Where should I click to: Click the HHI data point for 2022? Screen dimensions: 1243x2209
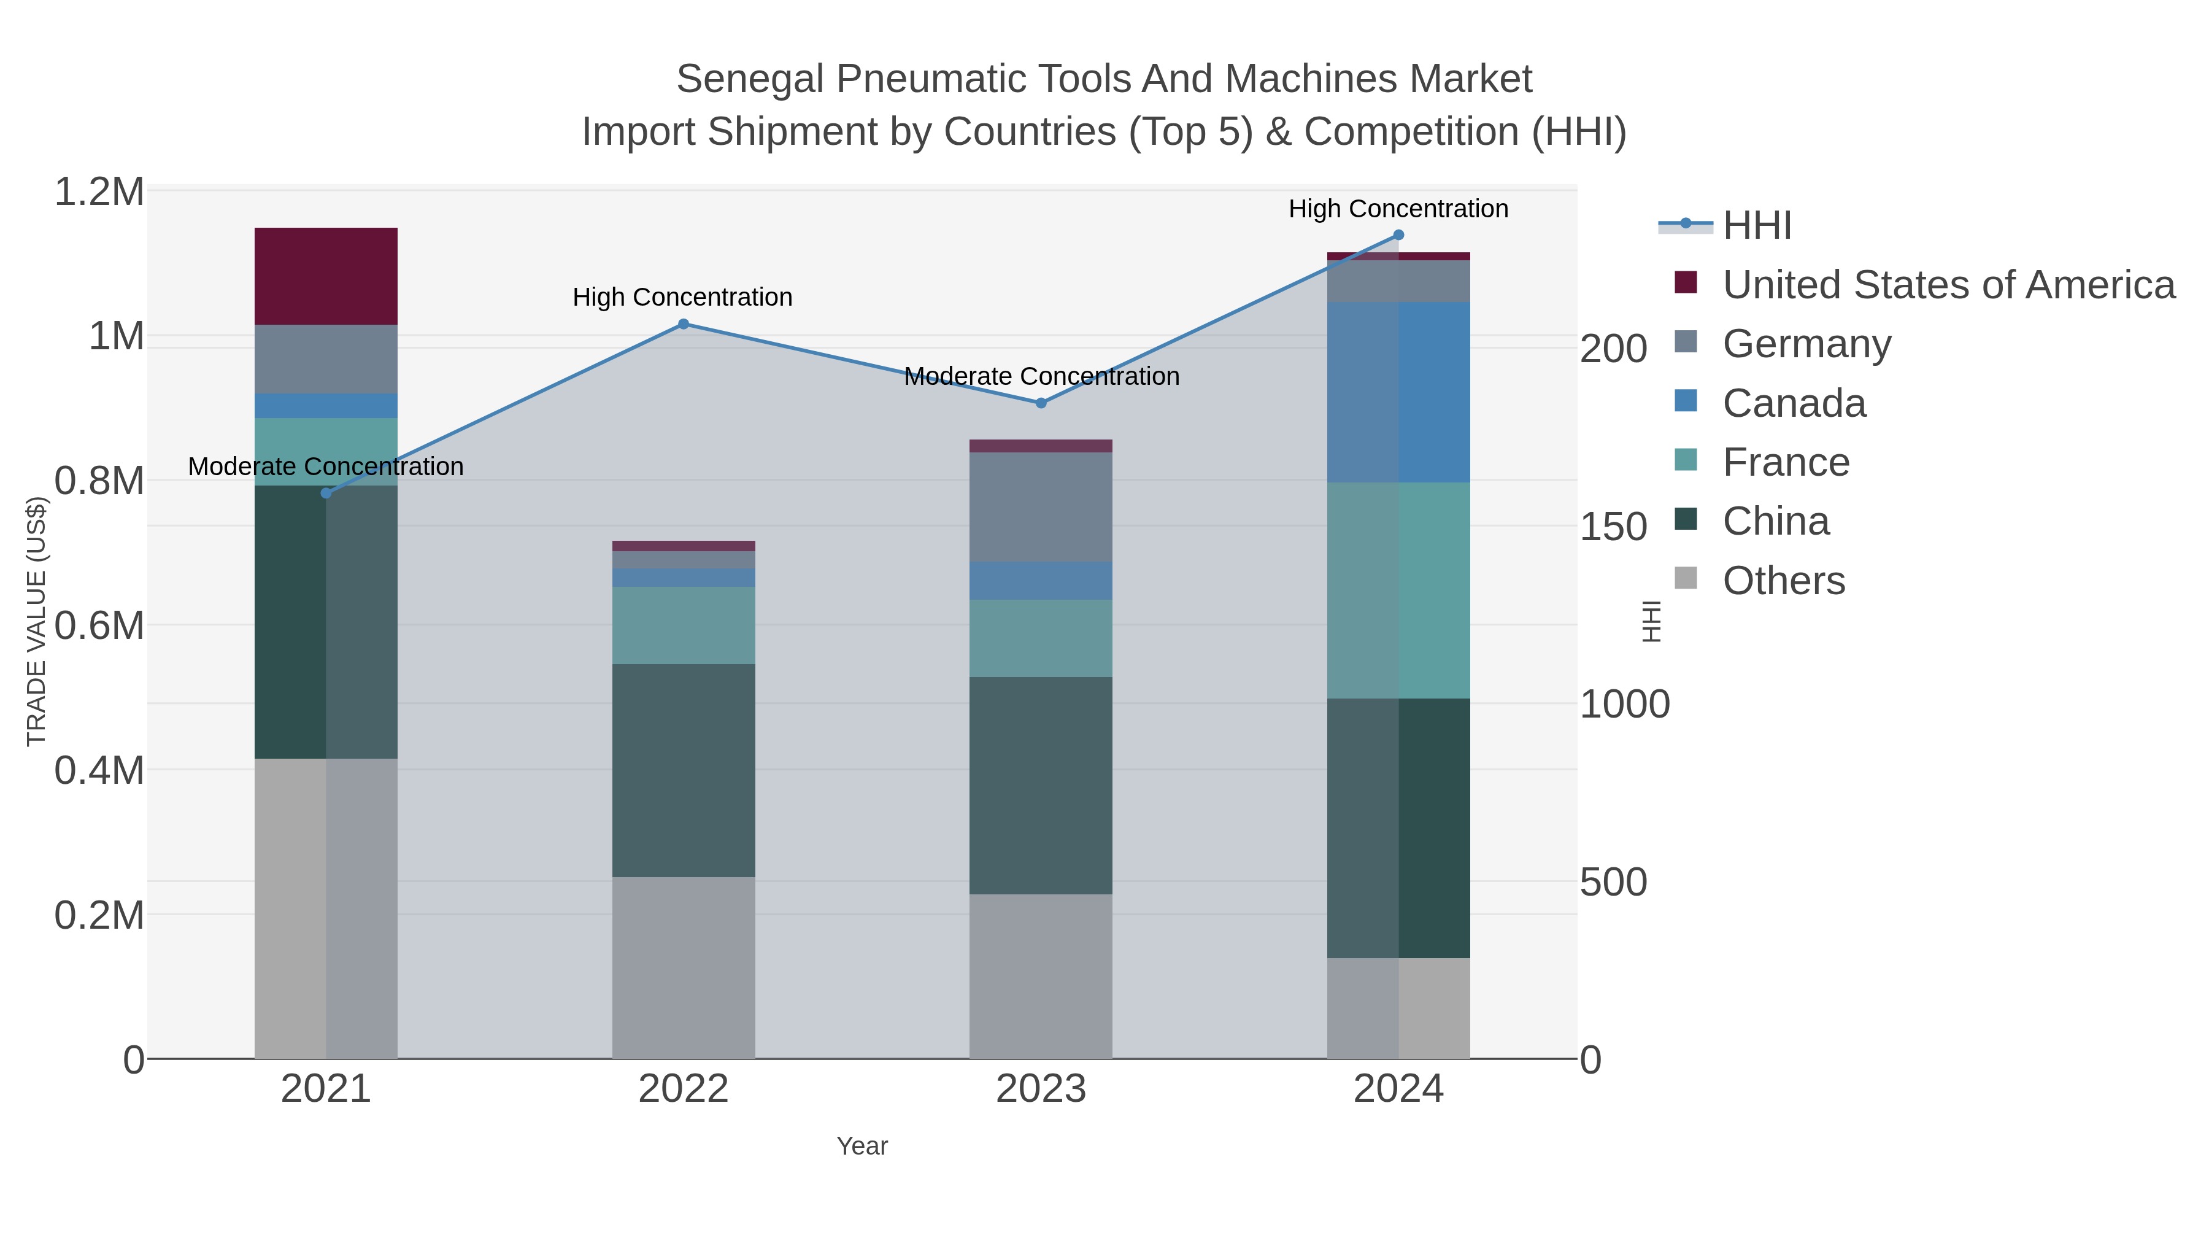point(684,324)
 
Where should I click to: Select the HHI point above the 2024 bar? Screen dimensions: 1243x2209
point(1398,235)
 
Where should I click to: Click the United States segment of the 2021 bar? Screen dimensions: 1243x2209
point(326,276)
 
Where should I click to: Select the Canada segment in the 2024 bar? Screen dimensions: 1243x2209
point(1398,392)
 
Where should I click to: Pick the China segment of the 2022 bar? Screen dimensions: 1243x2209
point(684,770)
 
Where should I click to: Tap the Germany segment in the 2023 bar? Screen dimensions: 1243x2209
point(1041,507)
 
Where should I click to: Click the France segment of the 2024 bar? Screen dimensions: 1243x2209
point(1398,590)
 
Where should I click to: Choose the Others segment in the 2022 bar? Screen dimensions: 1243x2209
point(684,967)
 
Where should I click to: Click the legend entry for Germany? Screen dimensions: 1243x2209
point(1806,344)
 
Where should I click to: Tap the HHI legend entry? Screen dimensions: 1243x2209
point(1756,226)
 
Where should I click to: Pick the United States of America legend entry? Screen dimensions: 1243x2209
point(1948,285)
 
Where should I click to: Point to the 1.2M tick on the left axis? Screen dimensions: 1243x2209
point(99,192)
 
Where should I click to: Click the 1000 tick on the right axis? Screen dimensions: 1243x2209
point(1624,704)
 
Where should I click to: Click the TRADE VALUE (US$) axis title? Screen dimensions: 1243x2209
point(36,621)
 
